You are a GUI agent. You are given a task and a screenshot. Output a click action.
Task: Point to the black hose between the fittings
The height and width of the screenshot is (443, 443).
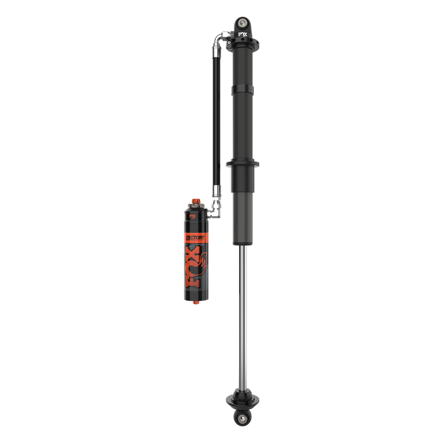tap(216, 115)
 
